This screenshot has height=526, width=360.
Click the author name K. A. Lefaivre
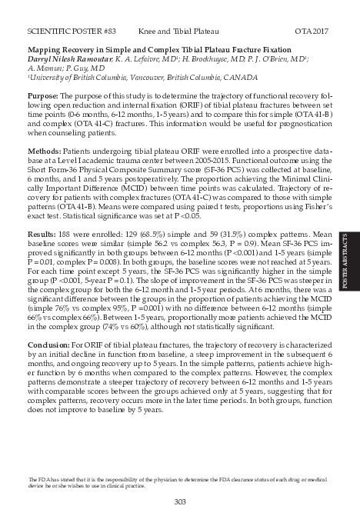pos(152,58)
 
